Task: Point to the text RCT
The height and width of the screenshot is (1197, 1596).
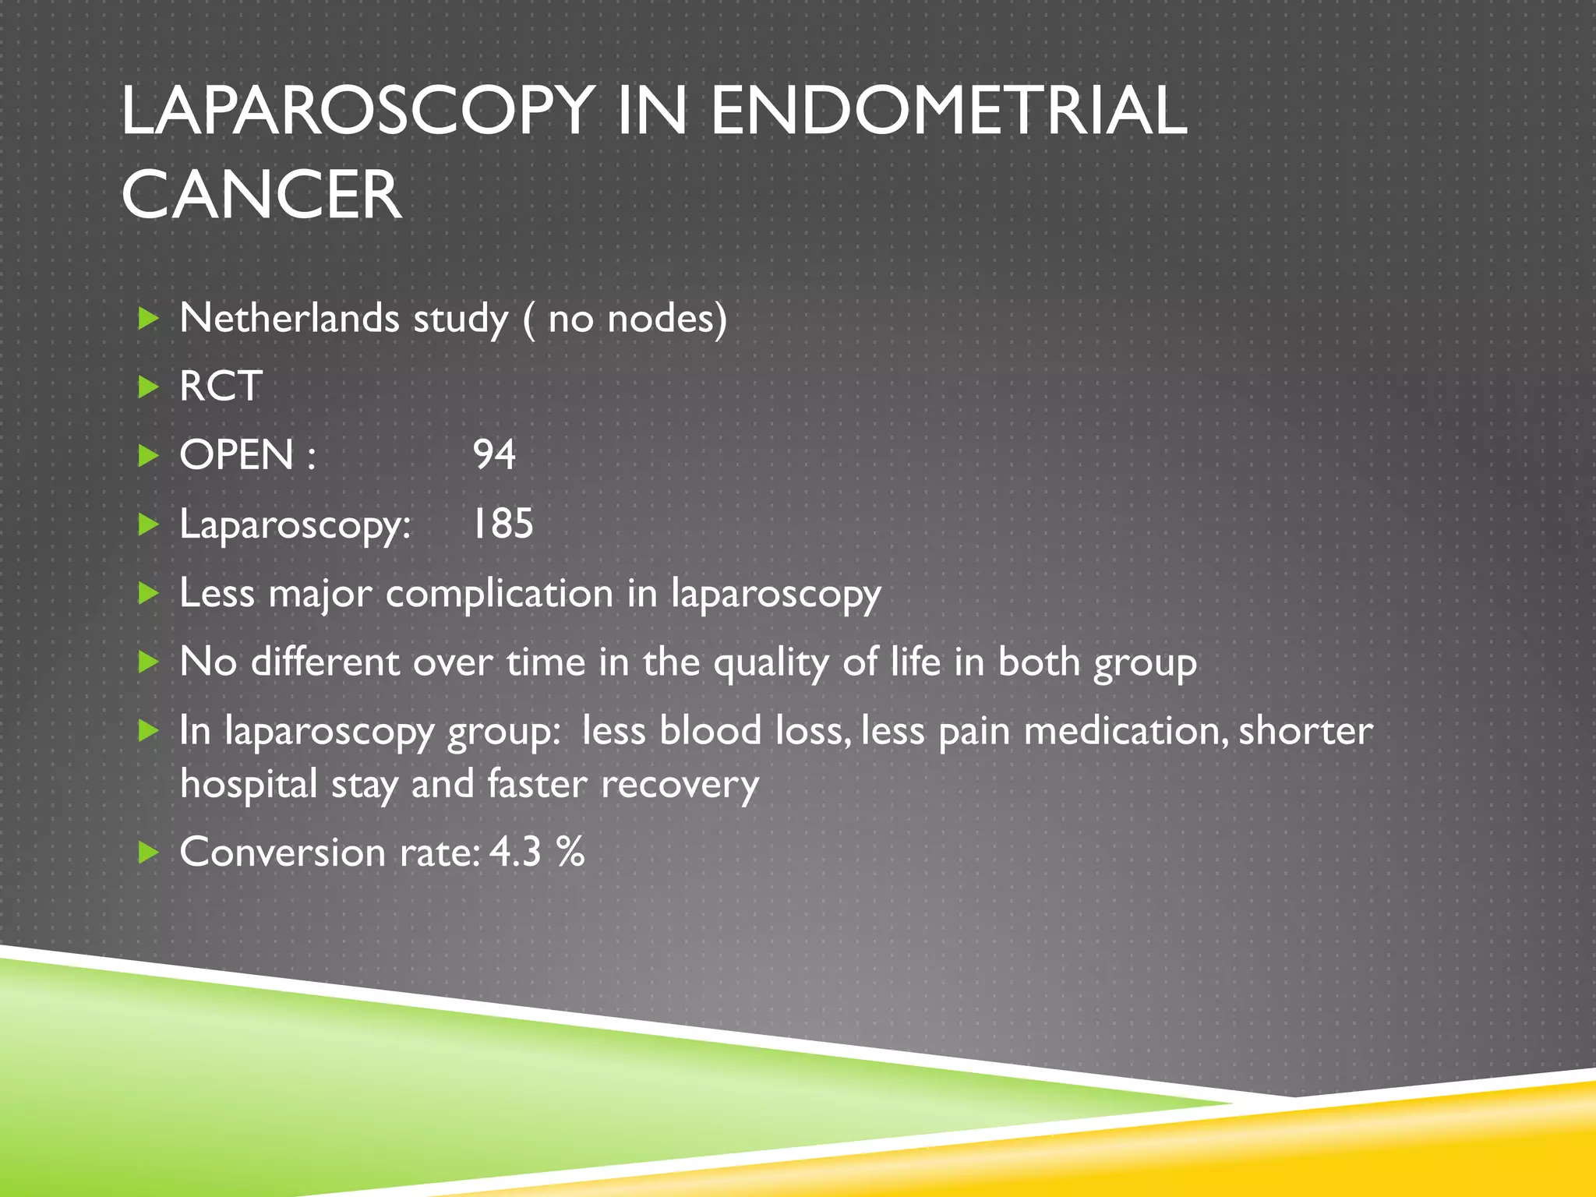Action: click(221, 386)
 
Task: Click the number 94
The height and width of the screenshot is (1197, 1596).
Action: click(494, 454)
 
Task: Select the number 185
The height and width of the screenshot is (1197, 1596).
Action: click(503, 523)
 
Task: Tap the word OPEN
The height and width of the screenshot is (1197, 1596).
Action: click(237, 454)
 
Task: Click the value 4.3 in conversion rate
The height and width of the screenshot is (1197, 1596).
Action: click(515, 851)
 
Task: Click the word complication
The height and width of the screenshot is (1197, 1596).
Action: click(500, 593)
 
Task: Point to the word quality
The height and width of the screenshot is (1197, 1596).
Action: click(772, 662)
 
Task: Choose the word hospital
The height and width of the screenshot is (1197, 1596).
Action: click(249, 783)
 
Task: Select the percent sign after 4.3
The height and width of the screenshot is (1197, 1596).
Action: click(570, 851)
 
